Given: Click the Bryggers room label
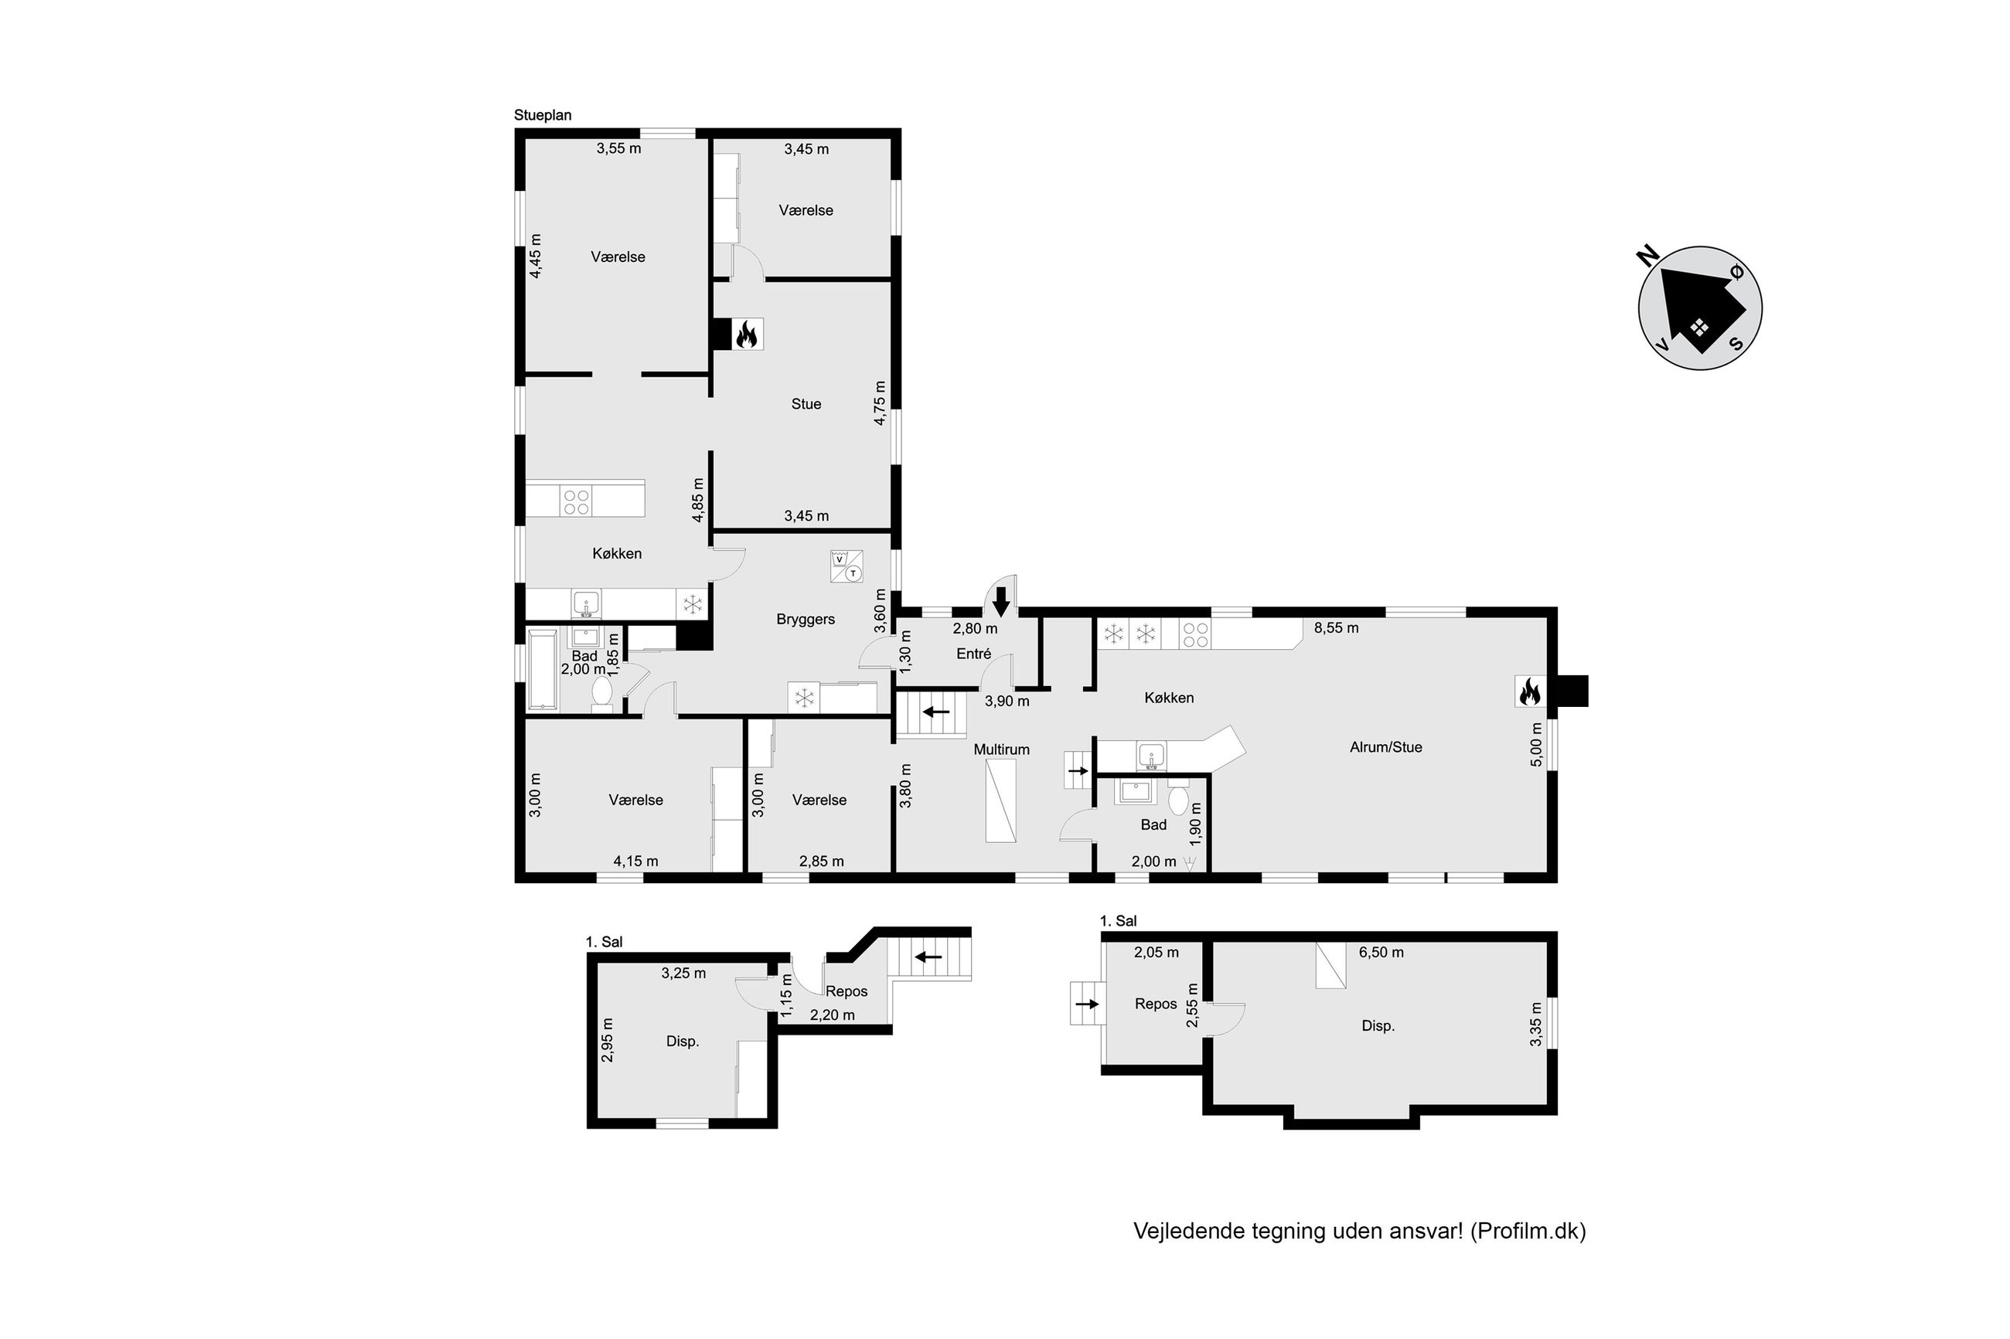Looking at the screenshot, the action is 805,619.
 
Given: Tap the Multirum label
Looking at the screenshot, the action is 1001,749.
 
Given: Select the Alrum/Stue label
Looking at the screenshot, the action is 1385,747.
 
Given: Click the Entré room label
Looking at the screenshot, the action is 974,654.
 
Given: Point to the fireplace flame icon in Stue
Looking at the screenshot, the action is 748,335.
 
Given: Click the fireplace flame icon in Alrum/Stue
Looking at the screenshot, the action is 1528,691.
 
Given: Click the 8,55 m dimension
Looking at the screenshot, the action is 1336,627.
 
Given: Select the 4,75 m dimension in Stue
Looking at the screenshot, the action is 880,403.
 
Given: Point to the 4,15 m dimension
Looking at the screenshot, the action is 635,861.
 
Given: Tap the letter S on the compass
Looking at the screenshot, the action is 1736,343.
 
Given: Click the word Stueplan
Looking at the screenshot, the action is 543,115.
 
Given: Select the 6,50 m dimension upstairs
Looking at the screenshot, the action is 1381,952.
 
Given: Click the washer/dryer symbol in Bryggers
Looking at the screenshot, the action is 846,566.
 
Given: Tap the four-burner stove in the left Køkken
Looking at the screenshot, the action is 576,501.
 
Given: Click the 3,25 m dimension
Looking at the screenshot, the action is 683,974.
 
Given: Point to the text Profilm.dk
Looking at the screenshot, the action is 1528,1231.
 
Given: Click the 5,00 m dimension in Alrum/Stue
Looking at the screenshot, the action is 1536,745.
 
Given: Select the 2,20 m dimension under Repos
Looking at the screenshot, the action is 832,1014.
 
